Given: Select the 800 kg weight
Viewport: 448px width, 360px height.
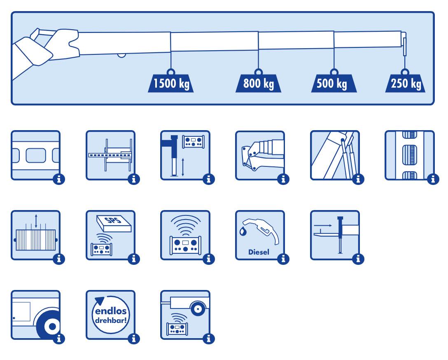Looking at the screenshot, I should click(258, 84).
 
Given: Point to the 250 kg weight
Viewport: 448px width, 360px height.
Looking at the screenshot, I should click(406, 84).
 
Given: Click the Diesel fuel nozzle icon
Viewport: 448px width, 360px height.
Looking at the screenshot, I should click(259, 235).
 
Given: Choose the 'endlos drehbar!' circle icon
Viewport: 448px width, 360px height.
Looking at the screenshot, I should click(110, 315).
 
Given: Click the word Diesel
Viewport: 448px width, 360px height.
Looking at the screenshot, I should click(259, 252).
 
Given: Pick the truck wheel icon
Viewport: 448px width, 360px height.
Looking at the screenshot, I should click(35, 315).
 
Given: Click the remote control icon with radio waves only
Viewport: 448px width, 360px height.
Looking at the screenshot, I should click(185, 235).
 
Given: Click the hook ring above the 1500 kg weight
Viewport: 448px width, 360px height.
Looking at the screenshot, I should click(171, 70).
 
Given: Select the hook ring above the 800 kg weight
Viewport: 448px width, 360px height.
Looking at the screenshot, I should click(258, 70).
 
